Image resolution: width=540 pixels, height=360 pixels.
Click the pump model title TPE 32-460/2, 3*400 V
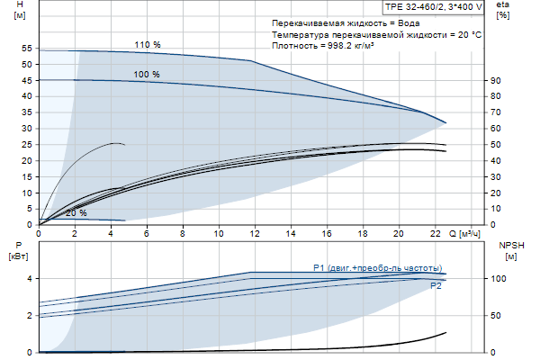click(434, 6)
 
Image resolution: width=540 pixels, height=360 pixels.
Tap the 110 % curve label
click(147, 45)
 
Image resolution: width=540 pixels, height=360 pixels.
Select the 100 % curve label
click(147, 74)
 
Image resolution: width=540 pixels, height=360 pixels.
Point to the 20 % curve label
click(76, 213)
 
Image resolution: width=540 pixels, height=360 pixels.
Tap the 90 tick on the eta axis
click(495, 80)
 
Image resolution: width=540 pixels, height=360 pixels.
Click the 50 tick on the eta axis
click(495, 144)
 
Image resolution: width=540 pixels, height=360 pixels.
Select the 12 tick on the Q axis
click(255, 233)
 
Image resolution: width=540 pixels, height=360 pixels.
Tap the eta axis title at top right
click(502, 11)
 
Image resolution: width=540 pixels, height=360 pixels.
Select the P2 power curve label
click(436, 285)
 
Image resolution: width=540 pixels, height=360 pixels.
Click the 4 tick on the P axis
click(29, 279)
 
